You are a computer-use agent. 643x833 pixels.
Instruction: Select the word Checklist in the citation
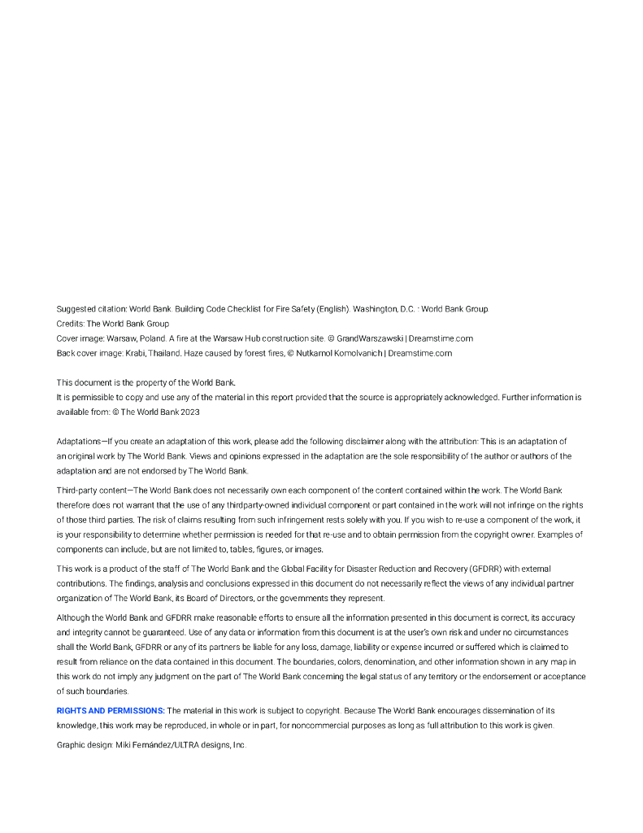(x=261, y=309)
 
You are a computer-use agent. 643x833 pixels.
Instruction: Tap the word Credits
(x=70, y=324)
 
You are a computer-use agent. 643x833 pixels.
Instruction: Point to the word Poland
(x=152, y=338)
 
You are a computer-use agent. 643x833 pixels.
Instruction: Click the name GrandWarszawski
(x=370, y=338)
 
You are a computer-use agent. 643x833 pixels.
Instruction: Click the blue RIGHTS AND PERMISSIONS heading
(x=111, y=710)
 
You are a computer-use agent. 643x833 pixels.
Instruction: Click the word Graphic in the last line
(x=71, y=744)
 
